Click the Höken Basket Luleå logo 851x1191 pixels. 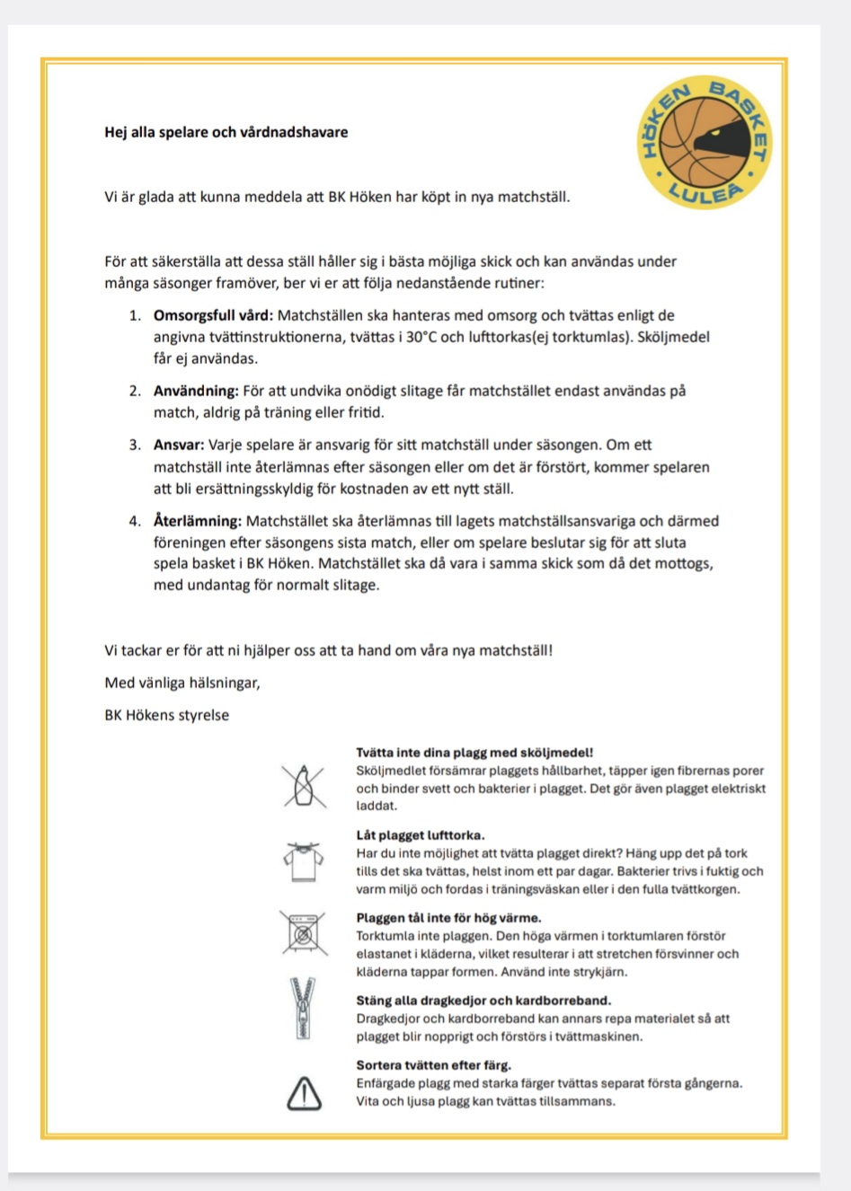coord(705,142)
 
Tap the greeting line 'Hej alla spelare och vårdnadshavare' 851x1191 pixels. coord(226,132)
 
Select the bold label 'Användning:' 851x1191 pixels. coord(196,391)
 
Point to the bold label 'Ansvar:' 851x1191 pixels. coord(179,445)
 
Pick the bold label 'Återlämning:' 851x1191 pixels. coord(198,521)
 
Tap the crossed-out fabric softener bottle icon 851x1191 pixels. coord(304,786)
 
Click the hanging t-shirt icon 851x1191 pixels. coord(303,861)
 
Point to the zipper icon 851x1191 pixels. coord(303,1008)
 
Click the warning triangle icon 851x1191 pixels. coord(304,1093)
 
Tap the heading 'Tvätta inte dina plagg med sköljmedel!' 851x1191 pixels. coord(474,753)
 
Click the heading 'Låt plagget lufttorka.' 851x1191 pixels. coord(421,835)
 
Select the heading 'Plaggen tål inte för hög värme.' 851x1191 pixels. coord(448,918)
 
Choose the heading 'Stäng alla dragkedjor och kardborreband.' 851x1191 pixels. coord(483,1000)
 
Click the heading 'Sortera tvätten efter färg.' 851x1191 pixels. coord(433,1065)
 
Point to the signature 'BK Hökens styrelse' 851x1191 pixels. coord(167,715)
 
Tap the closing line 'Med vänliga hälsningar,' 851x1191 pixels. coord(182,683)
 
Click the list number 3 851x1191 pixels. coord(134,445)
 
